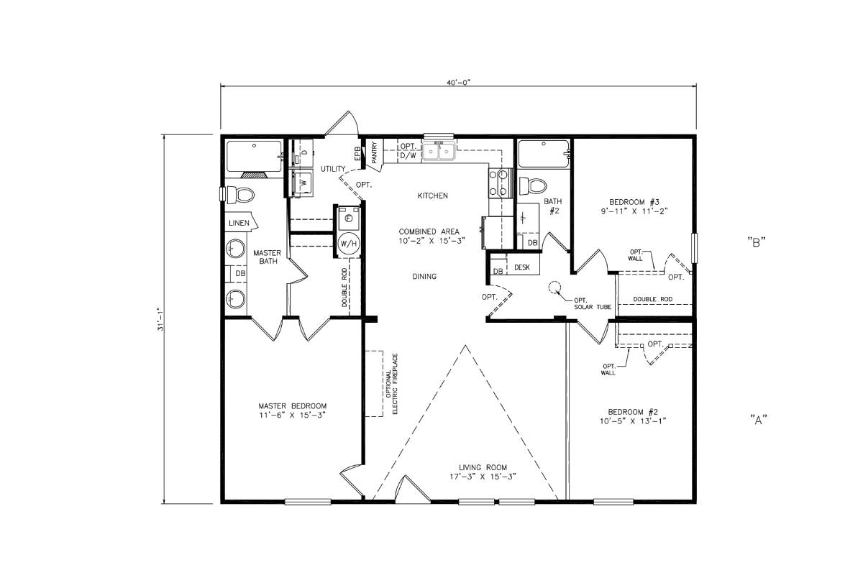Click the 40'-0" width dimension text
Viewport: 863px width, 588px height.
[x=458, y=83]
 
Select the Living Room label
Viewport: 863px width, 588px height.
[x=488, y=472]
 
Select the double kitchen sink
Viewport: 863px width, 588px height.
[x=439, y=152]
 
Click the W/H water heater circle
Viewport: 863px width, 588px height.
[x=349, y=244]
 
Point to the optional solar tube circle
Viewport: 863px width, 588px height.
[x=555, y=288]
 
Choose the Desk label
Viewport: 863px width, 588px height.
[x=522, y=267]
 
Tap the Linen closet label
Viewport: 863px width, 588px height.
[x=239, y=223]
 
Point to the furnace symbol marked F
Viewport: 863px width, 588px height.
[x=348, y=217]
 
